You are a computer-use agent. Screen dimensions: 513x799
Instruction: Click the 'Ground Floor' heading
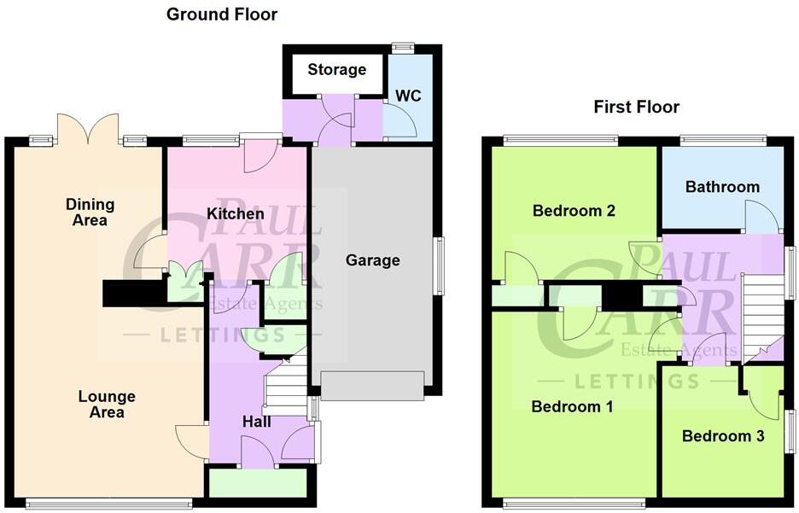222,15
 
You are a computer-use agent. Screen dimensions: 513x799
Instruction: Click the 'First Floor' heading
637,107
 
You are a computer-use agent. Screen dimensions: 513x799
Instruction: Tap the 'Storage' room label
337,70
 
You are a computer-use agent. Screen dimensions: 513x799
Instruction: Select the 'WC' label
408,96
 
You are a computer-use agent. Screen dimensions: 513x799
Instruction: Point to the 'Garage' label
372,259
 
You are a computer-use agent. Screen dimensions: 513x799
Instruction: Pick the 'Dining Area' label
90,213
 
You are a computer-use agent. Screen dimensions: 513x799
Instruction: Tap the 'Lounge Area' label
107,405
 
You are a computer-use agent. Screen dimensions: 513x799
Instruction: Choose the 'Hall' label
257,422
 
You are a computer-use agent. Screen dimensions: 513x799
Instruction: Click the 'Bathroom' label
722,187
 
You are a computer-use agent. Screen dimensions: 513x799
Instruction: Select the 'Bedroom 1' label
572,406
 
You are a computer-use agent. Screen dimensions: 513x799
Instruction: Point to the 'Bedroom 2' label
574,211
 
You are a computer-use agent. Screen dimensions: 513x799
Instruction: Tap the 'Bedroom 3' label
723,436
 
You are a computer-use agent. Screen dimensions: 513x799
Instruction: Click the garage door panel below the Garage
372,386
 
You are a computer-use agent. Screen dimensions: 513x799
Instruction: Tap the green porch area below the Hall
258,483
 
